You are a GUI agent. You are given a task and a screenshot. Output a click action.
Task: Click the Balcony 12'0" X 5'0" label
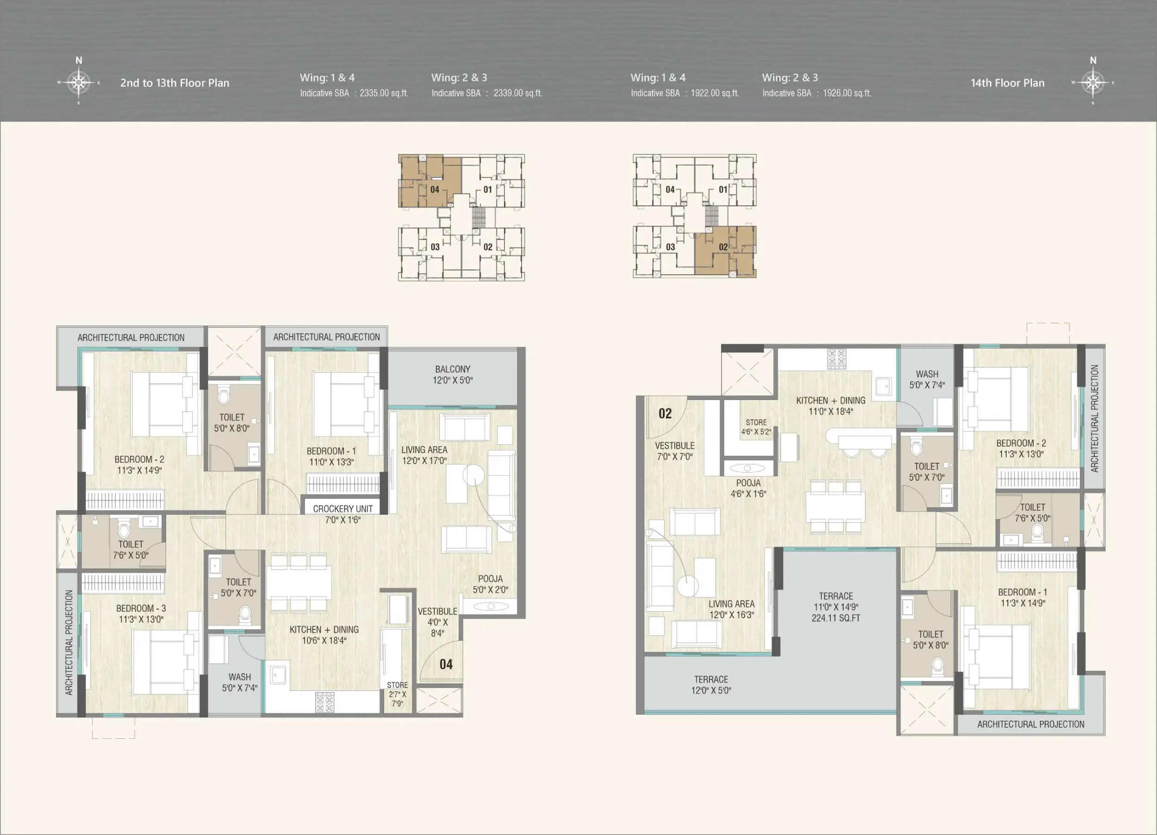[453, 375]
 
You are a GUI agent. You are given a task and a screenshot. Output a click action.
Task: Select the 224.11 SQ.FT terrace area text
[836, 618]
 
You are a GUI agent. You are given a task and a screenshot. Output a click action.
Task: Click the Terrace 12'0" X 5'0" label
[711, 685]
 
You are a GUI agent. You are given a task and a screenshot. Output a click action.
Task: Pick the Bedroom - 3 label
[141, 614]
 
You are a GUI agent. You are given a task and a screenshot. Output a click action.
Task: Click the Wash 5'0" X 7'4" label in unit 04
[239, 682]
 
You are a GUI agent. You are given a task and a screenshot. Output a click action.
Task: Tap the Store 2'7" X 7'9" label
[398, 694]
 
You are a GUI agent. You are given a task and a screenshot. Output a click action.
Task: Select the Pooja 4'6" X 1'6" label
[748, 488]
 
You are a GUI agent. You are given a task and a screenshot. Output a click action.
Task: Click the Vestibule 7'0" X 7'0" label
[674, 451]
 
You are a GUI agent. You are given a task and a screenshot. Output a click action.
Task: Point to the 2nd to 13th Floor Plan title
[174, 83]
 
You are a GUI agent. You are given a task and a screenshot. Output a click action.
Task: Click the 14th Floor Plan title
[1008, 83]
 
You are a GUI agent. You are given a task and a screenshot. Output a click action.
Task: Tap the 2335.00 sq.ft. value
[384, 93]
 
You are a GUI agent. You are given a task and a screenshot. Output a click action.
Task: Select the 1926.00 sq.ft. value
[847, 93]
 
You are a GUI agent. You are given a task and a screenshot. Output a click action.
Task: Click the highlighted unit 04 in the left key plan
[429, 181]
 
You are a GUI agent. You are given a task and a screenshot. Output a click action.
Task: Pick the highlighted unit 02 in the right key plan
[725, 252]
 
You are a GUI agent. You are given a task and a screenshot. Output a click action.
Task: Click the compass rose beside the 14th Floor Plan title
[1093, 82]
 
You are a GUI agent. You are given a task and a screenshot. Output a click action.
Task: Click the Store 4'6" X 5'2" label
[756, 427]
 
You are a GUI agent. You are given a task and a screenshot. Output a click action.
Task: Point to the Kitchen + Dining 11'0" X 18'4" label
[831, 406]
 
